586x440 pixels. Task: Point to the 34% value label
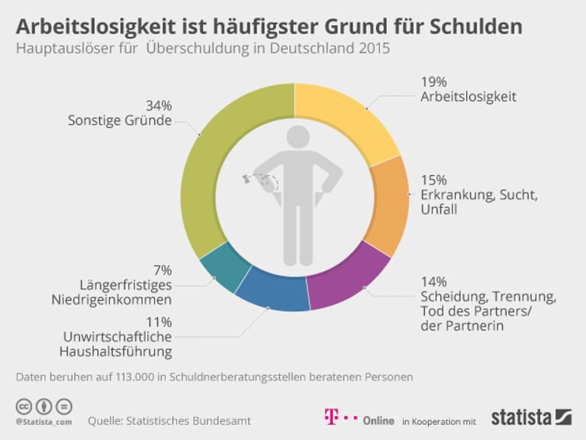pos(159,105)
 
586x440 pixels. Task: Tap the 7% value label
pos(163,270)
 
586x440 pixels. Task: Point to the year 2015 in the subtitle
pos(372,49)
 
